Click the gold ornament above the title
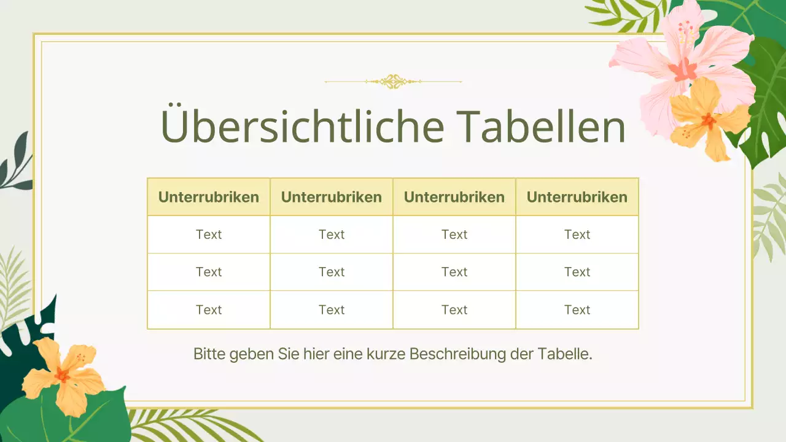393,81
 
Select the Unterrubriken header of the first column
209,197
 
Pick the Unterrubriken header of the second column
332,197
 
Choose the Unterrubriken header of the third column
454,197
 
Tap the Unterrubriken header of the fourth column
577,197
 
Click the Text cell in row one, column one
209,235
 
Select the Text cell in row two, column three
454,272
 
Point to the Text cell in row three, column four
577,310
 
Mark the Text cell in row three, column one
209,310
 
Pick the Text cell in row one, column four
577,235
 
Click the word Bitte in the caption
209,354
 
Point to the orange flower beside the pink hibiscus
709,120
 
